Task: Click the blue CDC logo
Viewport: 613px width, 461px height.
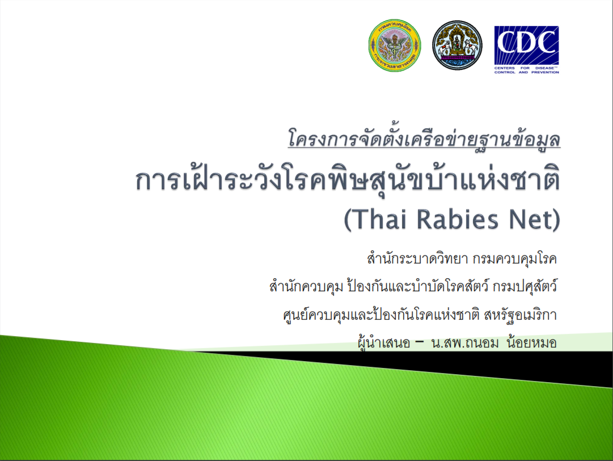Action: (x=526, y=49)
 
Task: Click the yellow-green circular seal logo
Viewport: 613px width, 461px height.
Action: (x=395, y=45)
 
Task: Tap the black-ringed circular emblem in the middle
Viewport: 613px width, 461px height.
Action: (x=457, y=45)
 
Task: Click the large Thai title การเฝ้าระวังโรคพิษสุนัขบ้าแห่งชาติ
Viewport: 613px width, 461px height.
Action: (x=348, y=180)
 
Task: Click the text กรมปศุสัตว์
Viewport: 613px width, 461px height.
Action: (x=525, y=287)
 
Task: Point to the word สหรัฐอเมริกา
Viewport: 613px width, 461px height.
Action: (x=520, y=315)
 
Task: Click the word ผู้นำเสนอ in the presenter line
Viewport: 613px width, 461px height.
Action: (x=384, y=343)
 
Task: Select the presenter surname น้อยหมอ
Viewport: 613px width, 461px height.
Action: (x=531, y=343)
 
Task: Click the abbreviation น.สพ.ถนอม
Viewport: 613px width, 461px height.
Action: (x=465, y=343)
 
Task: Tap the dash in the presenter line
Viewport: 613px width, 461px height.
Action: (x=420, y=342)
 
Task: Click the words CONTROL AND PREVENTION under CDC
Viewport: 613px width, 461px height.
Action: (x=526, y=73)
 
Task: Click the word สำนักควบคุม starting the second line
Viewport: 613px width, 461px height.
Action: (x=306, y=287)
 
